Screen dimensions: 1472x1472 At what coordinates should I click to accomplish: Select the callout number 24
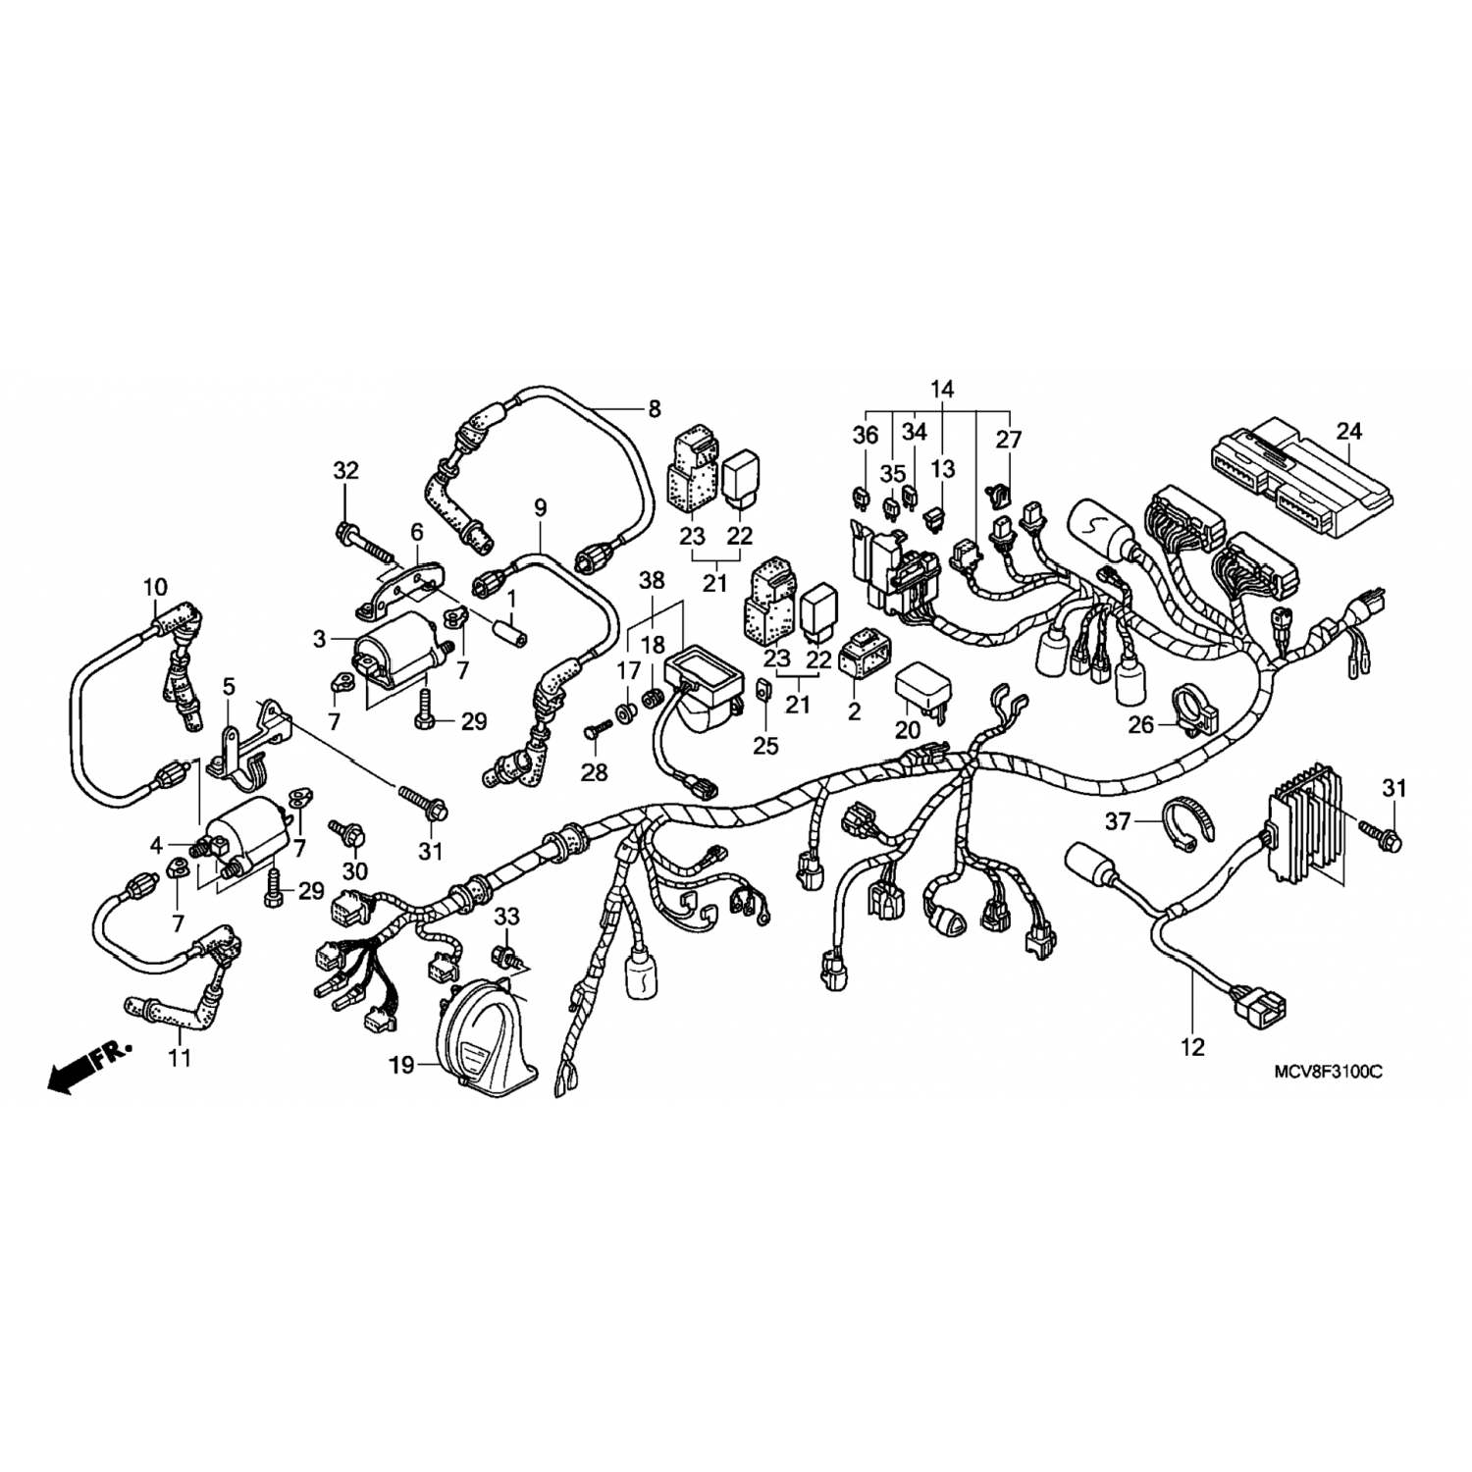point(1349,431)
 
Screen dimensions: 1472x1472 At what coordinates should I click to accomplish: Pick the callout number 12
point(1192,1047)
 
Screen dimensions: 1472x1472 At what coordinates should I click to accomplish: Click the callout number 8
point(655,409)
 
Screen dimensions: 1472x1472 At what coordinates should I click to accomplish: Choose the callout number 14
point(941,389)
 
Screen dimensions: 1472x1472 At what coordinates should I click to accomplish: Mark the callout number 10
point(155,588)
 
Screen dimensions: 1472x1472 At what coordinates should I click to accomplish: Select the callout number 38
point(652,580)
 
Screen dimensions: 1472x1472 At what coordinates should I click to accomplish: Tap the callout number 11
point(180,1058)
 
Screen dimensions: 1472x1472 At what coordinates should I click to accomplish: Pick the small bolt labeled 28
point(598,730)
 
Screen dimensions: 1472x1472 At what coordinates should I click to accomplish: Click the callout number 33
point(506,917)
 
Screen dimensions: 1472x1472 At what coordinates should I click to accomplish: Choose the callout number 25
point(765,746)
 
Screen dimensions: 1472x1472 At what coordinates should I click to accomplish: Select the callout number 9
point(540,508)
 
